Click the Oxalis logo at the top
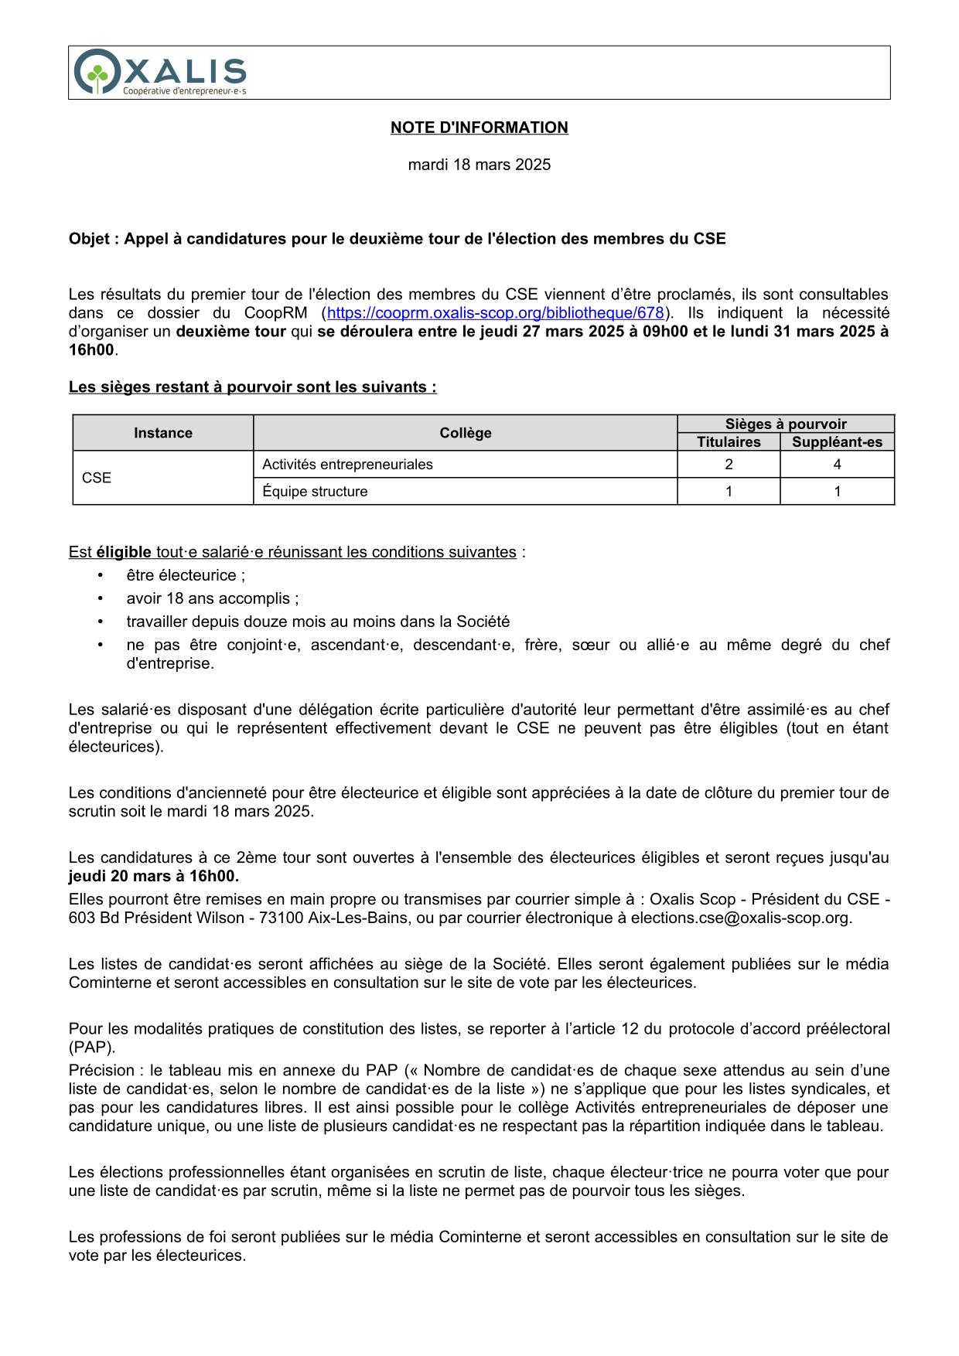[x=160, y=73]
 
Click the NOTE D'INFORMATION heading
[x=479, y=128]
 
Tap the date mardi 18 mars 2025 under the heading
[x=479, y=165]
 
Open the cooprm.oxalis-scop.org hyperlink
[x=496, y=313]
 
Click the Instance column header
[x=162, y=433]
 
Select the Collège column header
[x=465, y=433]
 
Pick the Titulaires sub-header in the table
[x=729, y=442]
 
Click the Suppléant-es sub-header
[x=837, y=442]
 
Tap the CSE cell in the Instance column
[x=97, y=478]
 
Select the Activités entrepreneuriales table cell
[x=347, y=465]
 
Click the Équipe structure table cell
[x=315, y=492]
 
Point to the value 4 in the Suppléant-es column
[x=837, y=465]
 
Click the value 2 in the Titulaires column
[x=729, y=465]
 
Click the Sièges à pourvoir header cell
[x=786, y=424]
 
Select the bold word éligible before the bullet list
[x=124, y=552]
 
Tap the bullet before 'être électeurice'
[x=101, y=575]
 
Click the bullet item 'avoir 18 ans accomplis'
[x=212, y=598]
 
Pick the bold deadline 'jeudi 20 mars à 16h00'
[x=154, y=876]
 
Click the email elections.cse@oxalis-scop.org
[x=740, y=918]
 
